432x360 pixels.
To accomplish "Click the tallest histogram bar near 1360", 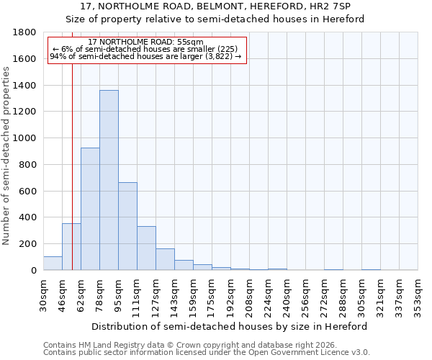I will point(109,180).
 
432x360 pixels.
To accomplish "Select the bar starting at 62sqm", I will point(90,209).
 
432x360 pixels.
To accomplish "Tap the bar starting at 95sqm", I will point(127,226).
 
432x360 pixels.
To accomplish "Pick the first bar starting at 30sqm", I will point(53,263).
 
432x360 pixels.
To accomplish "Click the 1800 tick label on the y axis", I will point(26,32).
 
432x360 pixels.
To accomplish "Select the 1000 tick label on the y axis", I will point(26,138).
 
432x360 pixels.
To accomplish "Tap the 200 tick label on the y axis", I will point(29,244).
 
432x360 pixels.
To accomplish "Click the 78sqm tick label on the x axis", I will point(99,294).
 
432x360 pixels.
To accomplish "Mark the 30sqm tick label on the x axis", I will point(43,294).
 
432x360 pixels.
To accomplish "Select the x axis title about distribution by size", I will point(230,326).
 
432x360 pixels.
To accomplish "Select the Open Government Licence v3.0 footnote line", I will point(206,353).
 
